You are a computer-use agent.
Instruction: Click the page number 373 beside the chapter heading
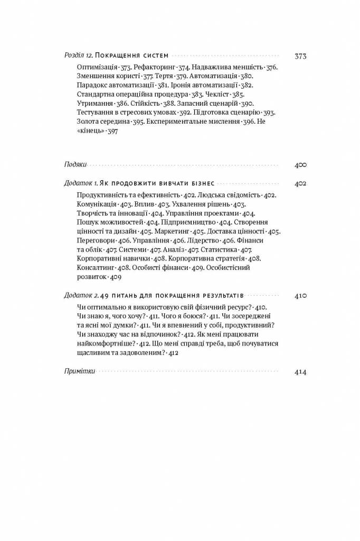tap(300, 56)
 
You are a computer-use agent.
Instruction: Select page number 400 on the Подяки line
tap(300, 165)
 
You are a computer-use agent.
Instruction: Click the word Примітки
tap(79, 371)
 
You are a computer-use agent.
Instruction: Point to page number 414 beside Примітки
tap(300, 371)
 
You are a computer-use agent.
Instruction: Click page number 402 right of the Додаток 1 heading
tap(300, 183)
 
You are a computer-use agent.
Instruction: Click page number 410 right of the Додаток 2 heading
tap(300, 295)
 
